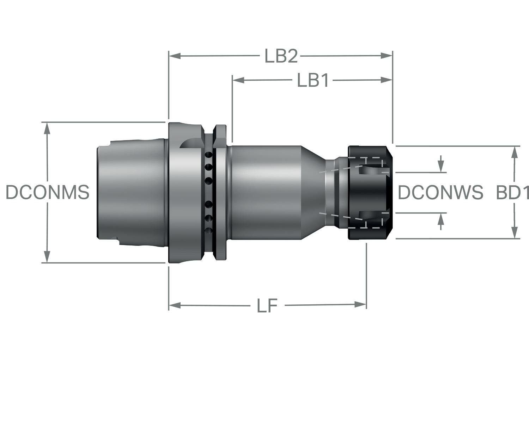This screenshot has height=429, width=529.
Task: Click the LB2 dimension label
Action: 281,56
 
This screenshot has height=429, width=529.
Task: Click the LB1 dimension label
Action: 313,80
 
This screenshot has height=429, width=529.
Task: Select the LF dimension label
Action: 267,305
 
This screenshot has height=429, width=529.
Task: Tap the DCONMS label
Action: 48,192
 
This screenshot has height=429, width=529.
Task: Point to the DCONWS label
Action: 440,192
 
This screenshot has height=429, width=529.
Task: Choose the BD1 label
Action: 512,192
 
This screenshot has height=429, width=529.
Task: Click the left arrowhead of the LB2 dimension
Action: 175,56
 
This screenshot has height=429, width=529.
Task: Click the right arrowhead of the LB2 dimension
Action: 387,56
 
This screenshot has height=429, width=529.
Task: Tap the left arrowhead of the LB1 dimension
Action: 238,80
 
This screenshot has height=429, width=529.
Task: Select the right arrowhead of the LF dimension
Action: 360,305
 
